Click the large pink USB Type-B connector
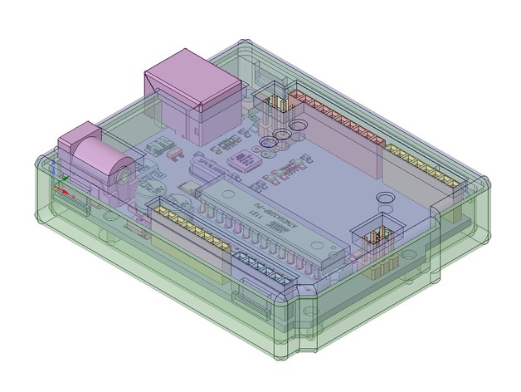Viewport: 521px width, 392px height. coord(195,87)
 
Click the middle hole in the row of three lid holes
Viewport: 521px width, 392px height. coord(282,135)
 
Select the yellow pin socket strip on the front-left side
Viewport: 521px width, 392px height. coord(187,228)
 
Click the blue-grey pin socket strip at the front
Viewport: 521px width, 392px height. coord(261,270)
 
